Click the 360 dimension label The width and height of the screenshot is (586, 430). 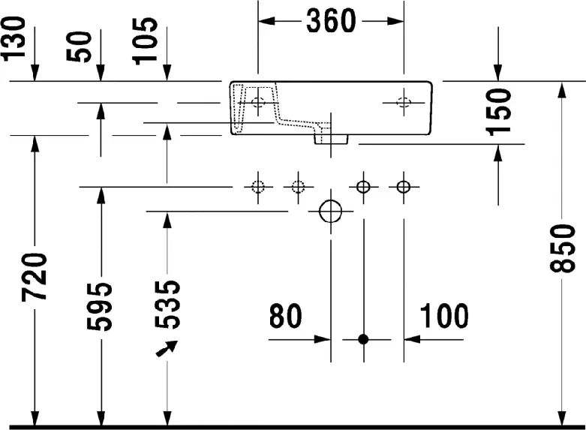(331, 21)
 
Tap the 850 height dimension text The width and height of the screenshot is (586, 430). (563, 248)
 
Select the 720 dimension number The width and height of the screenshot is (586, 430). (35, 277)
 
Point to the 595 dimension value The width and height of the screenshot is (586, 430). (99, 307)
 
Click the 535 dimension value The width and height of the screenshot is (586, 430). (167, 305)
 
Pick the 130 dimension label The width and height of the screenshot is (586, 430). (14, 38)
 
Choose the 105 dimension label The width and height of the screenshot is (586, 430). (145, 41)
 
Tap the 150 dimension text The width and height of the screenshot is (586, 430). (498, 112)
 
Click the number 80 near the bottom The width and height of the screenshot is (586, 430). (285, 316)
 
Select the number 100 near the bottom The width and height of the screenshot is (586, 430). (444, 316)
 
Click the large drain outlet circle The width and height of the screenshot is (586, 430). (331, 212)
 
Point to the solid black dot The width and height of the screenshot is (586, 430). (363, 339)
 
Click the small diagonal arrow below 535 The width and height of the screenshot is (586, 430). (167, 348)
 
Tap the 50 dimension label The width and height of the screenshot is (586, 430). (79, 47)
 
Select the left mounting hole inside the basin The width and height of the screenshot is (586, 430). (258, 102)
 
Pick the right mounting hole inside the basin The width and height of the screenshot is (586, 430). (404, 102)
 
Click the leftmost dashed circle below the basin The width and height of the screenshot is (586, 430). (258, 187)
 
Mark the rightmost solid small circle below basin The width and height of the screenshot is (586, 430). (404, 187)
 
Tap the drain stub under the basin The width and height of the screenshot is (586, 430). (331, 139)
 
